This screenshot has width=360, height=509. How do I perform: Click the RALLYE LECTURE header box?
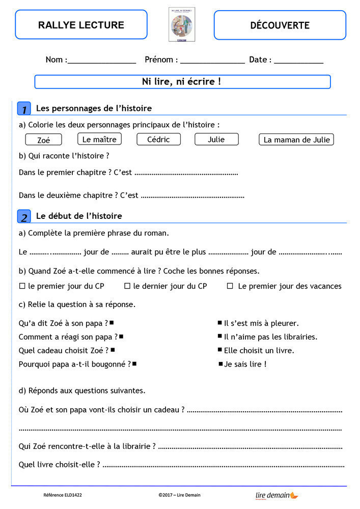pos(81,25)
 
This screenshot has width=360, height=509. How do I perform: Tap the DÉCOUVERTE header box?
pos(280,25)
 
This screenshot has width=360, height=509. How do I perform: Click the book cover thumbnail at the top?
pos(182,24)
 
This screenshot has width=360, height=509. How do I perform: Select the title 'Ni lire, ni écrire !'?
pos(182,81)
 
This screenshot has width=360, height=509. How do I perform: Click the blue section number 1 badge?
pos(24,108)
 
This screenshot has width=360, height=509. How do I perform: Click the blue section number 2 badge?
pos(24,216)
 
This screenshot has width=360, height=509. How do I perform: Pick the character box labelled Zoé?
pos(44,140)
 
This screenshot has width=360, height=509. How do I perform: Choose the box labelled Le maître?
pos(99,139)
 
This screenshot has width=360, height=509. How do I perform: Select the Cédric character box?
pos(158,139)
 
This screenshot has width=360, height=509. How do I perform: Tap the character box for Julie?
pos(216,139)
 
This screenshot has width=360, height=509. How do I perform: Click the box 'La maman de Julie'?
pos(296,139)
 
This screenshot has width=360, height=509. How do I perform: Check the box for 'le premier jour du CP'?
pos(22,286)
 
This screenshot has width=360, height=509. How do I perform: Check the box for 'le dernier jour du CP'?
pos(127,286)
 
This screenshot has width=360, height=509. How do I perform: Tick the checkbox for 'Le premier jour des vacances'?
pos(230,286)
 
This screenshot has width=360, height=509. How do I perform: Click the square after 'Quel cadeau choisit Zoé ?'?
pos(113,350)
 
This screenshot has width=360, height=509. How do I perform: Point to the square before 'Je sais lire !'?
pos(220,363)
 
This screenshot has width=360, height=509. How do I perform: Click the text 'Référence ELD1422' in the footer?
pos(63,495)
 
